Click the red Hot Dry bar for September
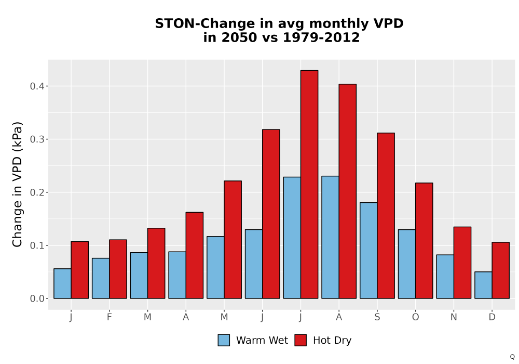point(386,215)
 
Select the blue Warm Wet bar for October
point(407,264)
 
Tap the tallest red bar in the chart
point(309,184)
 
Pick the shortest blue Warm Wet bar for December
point(483,285)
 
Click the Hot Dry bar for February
point(118,269)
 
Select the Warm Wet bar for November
point(445,277)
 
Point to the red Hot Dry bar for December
point(500,270)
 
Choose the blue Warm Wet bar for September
point(368,250)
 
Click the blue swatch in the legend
point(224,340)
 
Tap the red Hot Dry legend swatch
point(301,340)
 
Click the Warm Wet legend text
point(262,341)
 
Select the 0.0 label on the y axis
point(37,298)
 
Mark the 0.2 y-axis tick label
point(37,192)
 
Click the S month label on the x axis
point(377,317)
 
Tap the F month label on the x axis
point(109,317)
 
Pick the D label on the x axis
point(492,317)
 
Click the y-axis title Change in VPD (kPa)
point(17,185)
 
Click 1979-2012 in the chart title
point(321,37)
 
